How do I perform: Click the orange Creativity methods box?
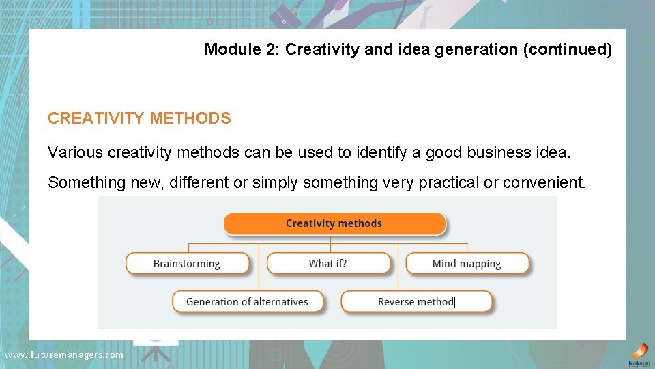click(x=334, y=223)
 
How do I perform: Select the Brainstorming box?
click(x=187, y=264)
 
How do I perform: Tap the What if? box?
click(x=328, y=264)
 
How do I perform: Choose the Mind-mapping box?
click(x=467, y=264)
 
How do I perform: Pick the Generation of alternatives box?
click(x=247, y=301)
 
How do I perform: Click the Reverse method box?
click(x=416, y=301)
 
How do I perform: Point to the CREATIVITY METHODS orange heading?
click(x=139, y=118)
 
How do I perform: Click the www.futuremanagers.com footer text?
click(x=64, y=355)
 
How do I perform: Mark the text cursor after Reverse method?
click(x=455, y=301)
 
